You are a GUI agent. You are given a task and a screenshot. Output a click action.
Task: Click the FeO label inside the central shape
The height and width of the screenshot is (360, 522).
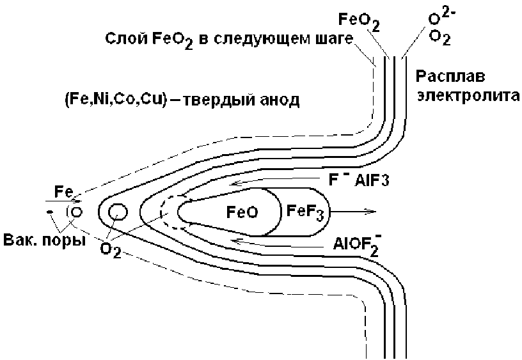click(242, 212)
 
